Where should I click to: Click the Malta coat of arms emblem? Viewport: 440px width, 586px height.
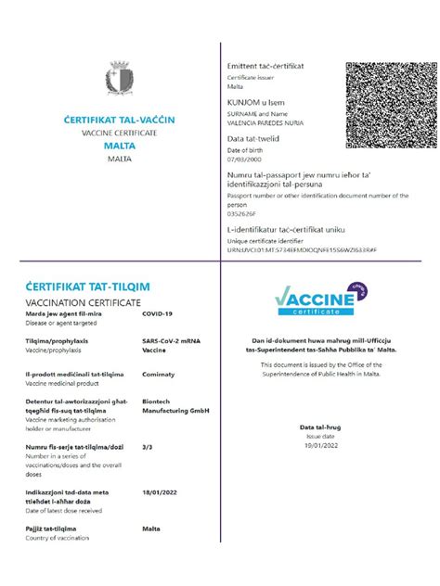pyautogui.click(x=118, y=79)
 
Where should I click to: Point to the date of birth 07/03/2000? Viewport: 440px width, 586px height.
pyautogui.click(x=244, y=159)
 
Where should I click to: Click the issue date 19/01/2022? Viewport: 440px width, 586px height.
pyautogui.click(x=320, y=445)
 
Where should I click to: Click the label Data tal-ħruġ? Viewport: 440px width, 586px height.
pyautogui.click(x=320, y=427)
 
